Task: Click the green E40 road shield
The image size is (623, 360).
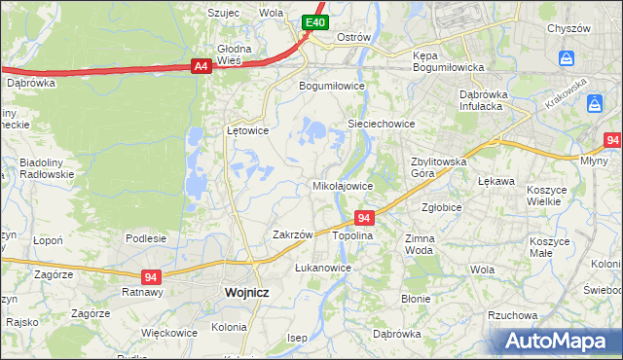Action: [x=313, y=22]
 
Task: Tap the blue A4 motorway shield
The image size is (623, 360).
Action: [x=201, y=66]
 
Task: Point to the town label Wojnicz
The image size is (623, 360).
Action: [x=246, y=291]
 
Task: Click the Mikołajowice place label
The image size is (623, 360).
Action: [x=342, y=185]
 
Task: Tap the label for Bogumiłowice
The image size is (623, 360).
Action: [x=331, y=85]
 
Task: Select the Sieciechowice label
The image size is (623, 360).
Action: [x=382, y=124]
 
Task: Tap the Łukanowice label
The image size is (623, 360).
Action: [x=322, y=267]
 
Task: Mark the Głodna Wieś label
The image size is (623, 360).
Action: [x=234, y=54]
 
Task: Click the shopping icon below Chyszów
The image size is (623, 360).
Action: [x=568, y=59]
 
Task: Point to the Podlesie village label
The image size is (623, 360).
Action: [x=146, y=237]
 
